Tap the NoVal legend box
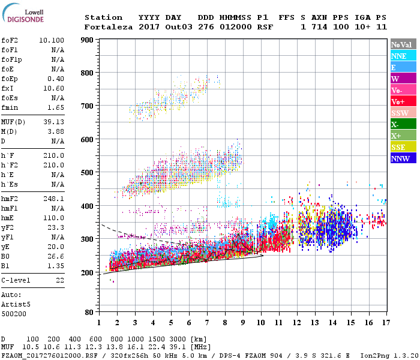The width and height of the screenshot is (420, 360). pyautogui.click(x=401, y=44)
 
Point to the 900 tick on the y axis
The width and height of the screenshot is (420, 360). pyautogui.click(x=87, y=40)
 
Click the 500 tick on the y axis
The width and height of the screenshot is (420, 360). pyautogui.click(x=87, y=173)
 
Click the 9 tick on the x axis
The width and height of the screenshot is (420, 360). pyautogui.click(x=242, y=323)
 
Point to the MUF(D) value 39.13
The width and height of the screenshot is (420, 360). pyautogui.click(x=54, y=122)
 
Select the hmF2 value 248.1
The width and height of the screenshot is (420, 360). pyautogui.click(x=54, y=198)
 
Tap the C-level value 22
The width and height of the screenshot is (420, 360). pyautogui.click(x=59, y=280)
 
